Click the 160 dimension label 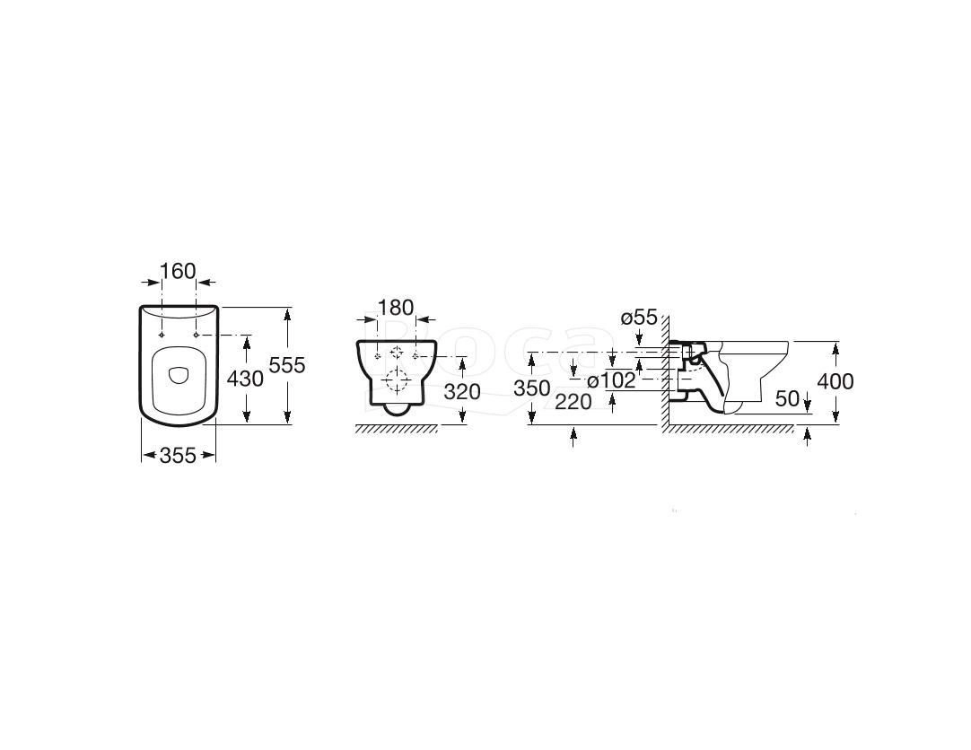(178, 271)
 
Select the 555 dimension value (287, 365)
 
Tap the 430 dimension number (245, 378)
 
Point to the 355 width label (178, 456)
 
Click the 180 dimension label (396, 308)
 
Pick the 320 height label (462, 391)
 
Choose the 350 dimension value (532, 388)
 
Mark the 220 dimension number (573, 402)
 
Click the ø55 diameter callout (638, 318)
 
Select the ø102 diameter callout (611, 380)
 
